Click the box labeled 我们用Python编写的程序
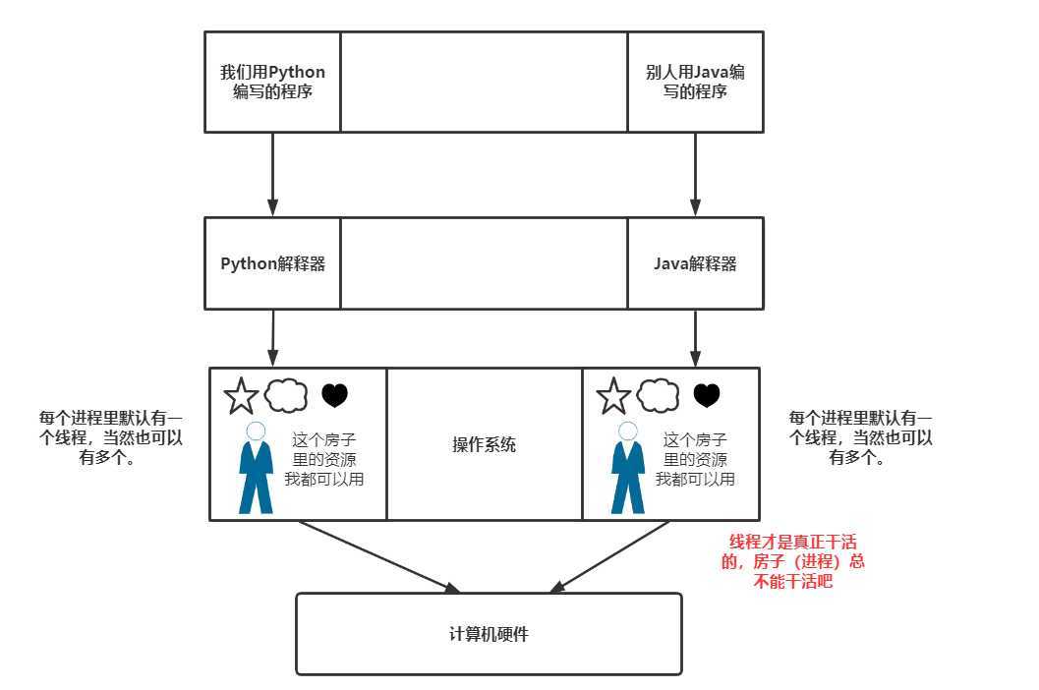point(272,82)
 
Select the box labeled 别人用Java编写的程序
point(695,82)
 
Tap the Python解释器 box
point(272,263)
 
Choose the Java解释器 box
point(695,263)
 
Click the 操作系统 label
point(484,444)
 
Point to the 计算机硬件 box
point(489,634)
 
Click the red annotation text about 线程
point(795,561)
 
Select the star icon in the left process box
point(241,396)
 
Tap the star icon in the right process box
point(613,396)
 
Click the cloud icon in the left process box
point(286,395)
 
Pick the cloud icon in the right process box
point(659,395)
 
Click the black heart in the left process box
point(335,396)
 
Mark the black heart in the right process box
point(707,396)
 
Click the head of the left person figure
point(257,431)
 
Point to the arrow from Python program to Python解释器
point(272,174)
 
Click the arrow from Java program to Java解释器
point(695,174)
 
